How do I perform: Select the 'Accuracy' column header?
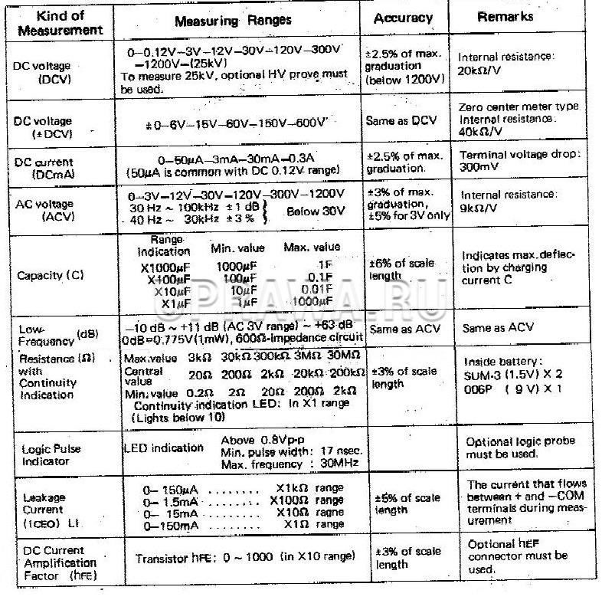coord(404,18)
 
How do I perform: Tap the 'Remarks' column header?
coord(505,17)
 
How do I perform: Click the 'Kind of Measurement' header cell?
coord(60,23)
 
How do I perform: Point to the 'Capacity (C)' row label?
coord(52,274)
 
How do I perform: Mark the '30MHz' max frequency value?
coord(340,465)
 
